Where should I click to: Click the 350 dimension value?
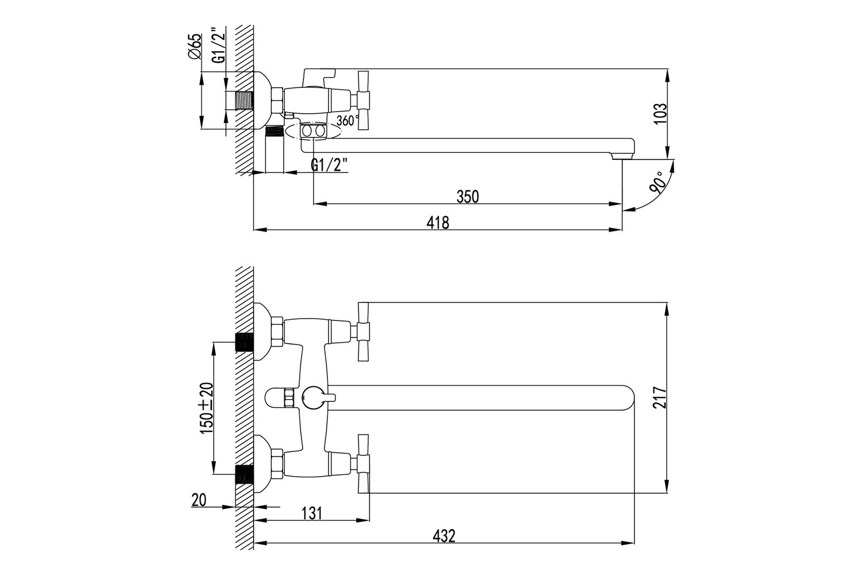[x=467, y=197]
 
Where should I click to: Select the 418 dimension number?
[x=438, y=223]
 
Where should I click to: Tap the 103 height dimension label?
[x=660, y=113]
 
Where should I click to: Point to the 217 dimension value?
[x=660, y=397]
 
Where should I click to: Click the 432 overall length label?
[x=444, y=536]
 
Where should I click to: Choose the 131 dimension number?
[x=311, y=513]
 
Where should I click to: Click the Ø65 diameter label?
[x=195, y=46]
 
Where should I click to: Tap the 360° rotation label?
[x=348, y=121]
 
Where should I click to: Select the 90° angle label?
[x=658, y=182]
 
